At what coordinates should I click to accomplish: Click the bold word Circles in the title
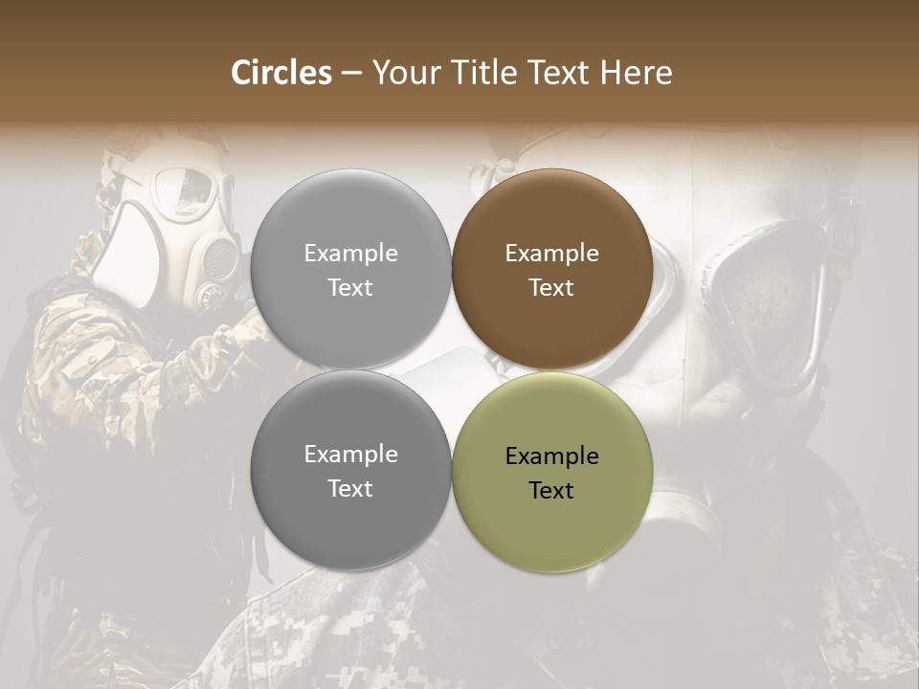[281, 73]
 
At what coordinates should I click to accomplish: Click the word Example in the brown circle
[551, 254]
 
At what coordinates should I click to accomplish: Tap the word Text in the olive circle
[551, 491]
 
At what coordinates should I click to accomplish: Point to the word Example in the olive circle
[551, 456]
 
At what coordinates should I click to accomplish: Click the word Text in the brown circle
[551, 288]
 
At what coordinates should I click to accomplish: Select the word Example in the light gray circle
[350, 254]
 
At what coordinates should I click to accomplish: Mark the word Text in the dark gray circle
[350, 489]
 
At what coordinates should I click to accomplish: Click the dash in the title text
[351, 73]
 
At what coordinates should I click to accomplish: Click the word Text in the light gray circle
[350, 288]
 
